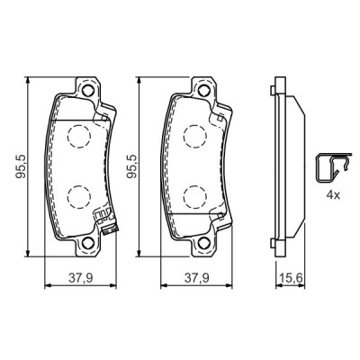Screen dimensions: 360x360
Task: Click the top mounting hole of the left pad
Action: click(87, 90)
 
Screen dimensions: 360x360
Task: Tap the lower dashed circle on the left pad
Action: click(77, 197)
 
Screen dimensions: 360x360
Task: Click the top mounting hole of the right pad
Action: click(202, 90)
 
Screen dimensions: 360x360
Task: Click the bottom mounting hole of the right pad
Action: click(202, 241)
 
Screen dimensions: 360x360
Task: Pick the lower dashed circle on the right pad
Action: click(193, 197)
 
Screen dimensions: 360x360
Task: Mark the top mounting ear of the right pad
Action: click(202, 88)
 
